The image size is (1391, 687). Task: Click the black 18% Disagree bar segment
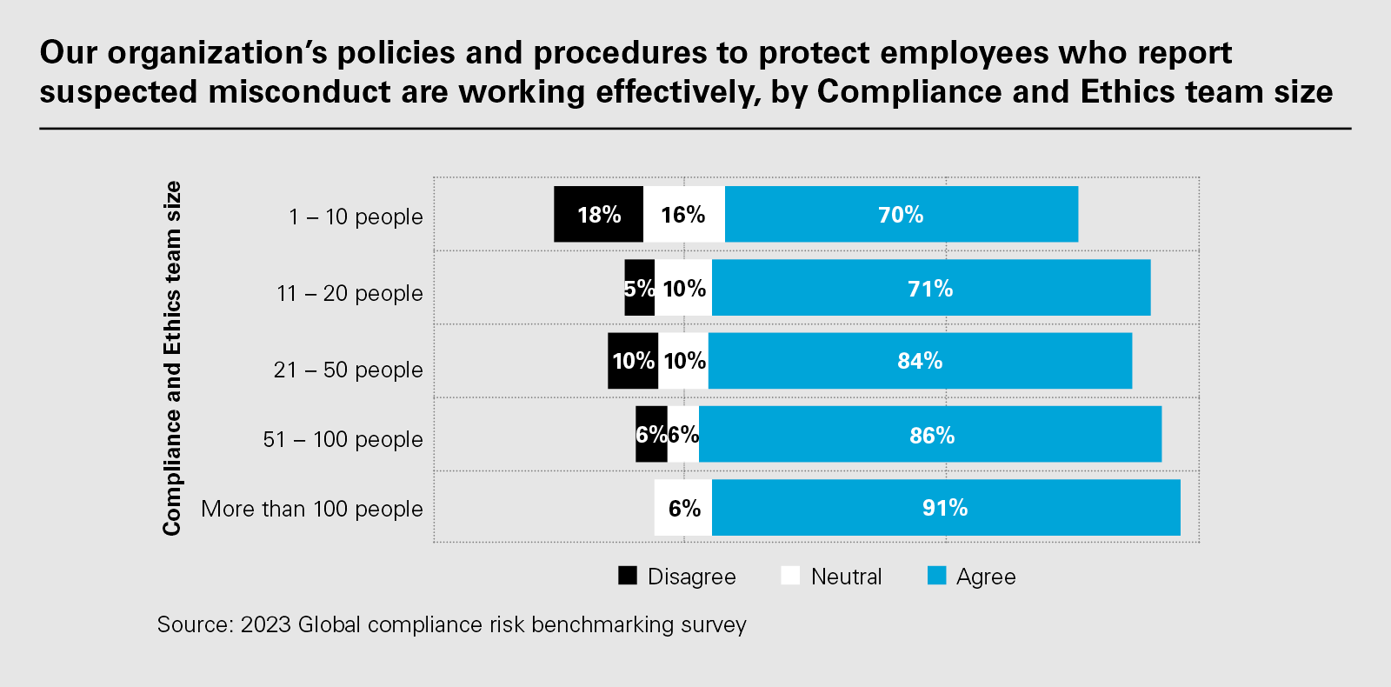(598, 214)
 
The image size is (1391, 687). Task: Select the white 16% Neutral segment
(683, 214)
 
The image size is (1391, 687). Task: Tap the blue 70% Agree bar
(901, 214)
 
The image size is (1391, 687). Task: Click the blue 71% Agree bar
(930, 288)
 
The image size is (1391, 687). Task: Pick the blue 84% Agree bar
(920, 361)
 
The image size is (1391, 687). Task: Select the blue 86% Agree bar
(930, 434)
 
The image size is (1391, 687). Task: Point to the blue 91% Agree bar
(945, 507)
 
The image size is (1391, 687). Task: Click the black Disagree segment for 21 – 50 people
(632, 361)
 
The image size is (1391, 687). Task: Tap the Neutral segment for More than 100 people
(683, 507)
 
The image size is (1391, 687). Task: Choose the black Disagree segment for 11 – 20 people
(639, 288)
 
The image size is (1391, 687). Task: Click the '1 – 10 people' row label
(356, 217)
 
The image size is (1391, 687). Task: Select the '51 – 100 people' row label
(343, 439)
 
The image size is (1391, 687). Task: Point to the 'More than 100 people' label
(311, 509)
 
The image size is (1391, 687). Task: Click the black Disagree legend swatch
(628, 576)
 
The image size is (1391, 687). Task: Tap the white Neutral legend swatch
(790, 576)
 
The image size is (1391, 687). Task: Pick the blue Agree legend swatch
(936, 576)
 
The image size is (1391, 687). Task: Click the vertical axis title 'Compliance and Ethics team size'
(172, 358)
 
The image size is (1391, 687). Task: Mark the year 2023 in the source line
(265, 624)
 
